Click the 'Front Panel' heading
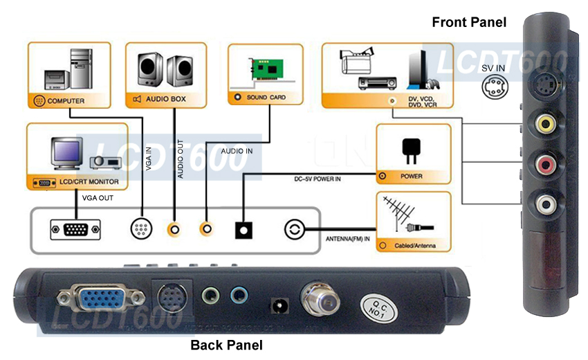[469, 22]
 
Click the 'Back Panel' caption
[226, 345]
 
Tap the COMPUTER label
[66, 101]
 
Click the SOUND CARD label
[266, 98]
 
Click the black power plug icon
[412, 148]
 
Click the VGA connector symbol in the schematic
[75, 229]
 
